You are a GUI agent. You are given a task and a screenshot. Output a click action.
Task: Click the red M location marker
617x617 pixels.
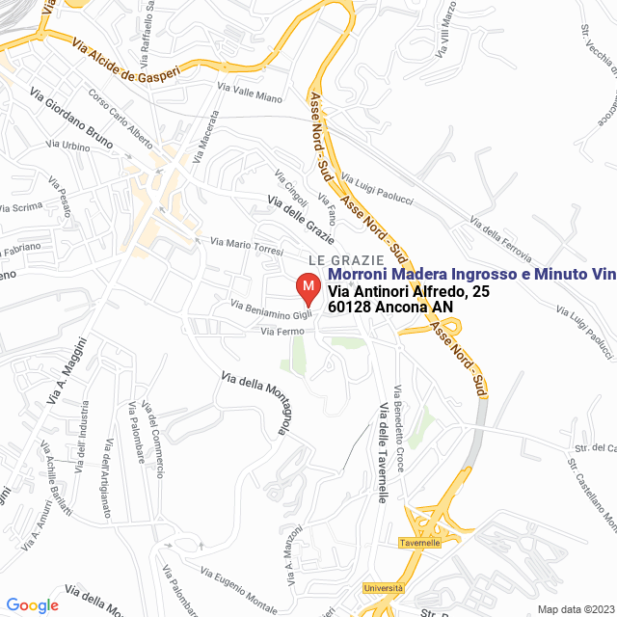coord(308,287)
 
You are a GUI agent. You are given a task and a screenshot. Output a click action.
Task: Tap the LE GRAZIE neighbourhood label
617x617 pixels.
coord(340,260)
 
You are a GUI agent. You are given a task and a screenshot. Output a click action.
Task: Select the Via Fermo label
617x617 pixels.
coord(282,332)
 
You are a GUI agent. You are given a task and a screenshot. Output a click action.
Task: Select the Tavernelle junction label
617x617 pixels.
coord(420,544)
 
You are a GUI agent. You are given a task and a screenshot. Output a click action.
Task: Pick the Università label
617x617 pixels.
coord(383,588)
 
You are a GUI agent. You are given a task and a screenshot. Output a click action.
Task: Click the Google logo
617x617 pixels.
coord(32,604)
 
